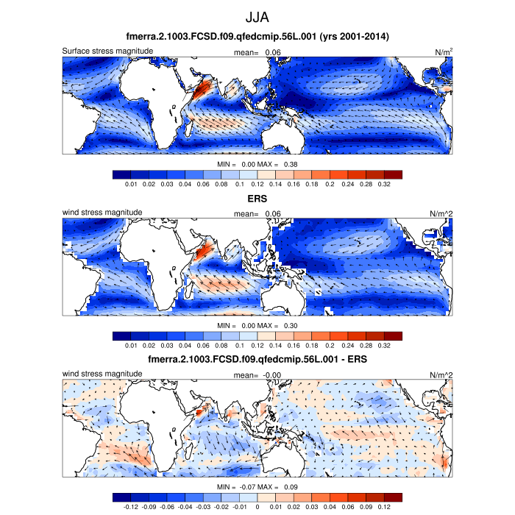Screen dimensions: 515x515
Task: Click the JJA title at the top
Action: click(x=257, y=16)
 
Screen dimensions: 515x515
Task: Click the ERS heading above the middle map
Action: click(x=257, y=199)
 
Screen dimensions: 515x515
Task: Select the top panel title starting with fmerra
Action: click(x=257, y=37)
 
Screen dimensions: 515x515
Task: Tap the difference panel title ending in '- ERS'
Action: click(x=257, y=360)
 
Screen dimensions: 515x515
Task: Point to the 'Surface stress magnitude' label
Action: click(x=107, y=51)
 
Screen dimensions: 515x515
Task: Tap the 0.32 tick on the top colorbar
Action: click(x=383, y=184)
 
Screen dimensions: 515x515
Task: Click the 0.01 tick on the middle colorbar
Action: click(x=132, y=345)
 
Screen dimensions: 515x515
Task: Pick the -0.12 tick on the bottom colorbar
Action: click(x=132, y=506)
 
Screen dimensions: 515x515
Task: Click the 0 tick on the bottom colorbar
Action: click(x=257, y=506)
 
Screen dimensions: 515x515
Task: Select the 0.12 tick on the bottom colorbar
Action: click(x=383, y=506)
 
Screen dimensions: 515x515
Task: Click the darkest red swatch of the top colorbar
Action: click(x=394, y=174)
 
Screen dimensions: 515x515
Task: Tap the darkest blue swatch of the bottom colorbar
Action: click(x=121, y=497)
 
